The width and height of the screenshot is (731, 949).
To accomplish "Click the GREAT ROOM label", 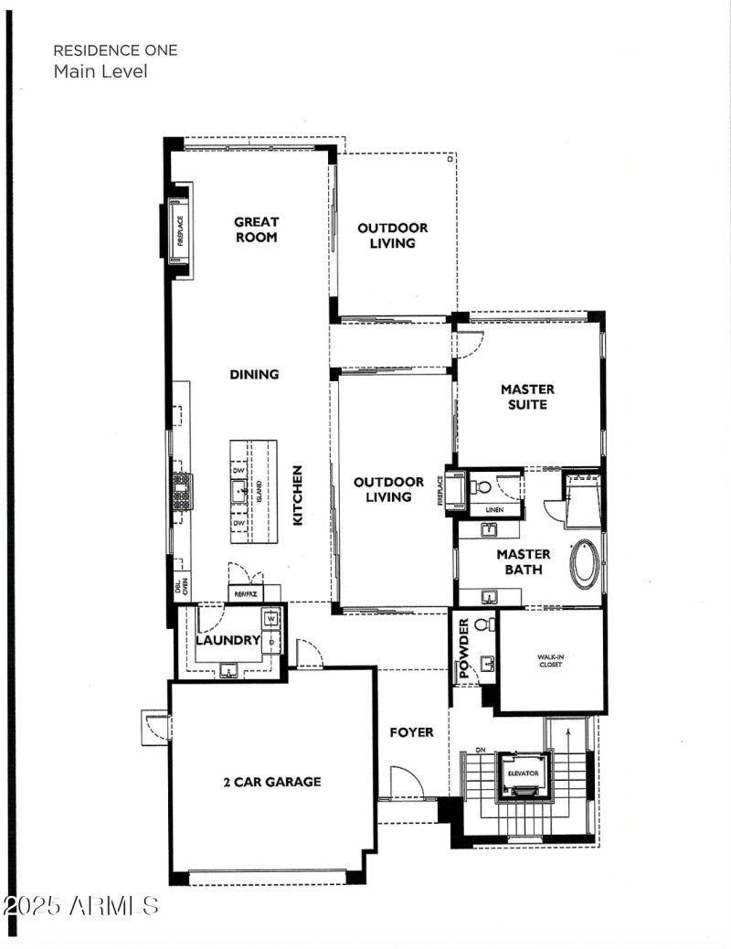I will pos(256,229).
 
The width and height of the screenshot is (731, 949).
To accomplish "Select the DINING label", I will pos(254,374).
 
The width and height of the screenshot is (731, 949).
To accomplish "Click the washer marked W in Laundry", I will pos(270,620).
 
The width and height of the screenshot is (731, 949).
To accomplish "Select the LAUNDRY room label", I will pos(228,640).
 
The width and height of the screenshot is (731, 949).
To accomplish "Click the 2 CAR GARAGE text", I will pos(272,782).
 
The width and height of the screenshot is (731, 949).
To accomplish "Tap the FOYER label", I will pos(411,732).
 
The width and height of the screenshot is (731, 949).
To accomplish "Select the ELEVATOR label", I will pos(524,773).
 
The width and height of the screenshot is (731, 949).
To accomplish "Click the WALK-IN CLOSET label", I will pos(550,661).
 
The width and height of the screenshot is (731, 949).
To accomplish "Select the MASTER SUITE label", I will pos(527,397).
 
